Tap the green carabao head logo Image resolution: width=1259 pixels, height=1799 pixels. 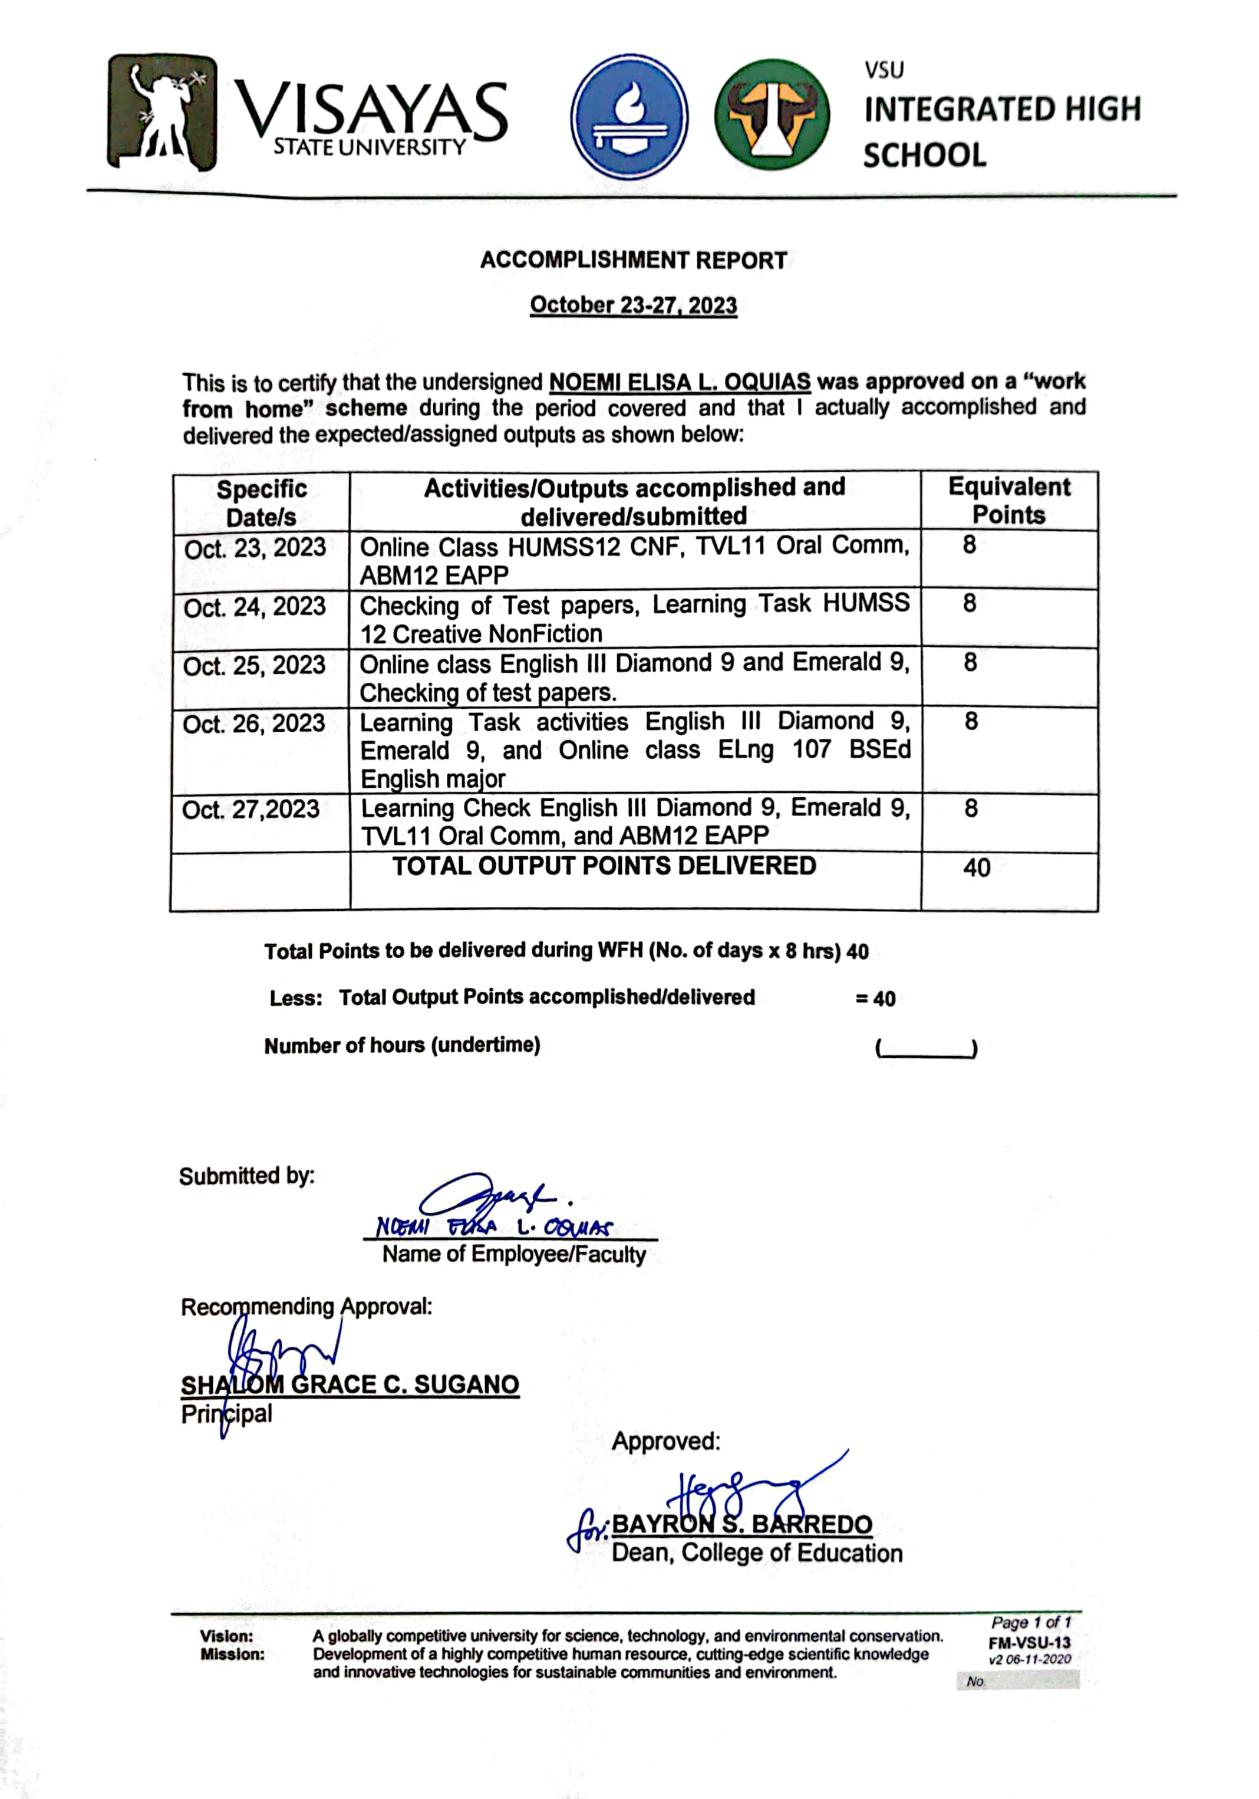tap(771, 115)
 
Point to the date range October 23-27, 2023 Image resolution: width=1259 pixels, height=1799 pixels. tap(633, 305)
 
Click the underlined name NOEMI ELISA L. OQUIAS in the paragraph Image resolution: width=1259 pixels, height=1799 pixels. tap(679, 382)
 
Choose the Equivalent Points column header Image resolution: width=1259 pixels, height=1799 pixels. tap(1008, 501)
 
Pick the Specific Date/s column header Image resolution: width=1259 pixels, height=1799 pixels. tap(261, 502)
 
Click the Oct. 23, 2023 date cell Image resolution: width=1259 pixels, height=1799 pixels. tap(255, 548)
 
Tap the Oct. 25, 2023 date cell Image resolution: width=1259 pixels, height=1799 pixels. tap(254, 665)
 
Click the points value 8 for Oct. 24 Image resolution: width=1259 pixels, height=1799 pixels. tap(969, 603)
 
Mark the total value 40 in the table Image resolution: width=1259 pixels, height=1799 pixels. tap(976, 867)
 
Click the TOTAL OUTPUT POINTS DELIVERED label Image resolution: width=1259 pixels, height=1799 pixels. tap(604, 866)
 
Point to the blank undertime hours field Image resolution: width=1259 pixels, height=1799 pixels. tap(925, 1048)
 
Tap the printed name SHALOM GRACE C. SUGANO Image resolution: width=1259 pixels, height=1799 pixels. tap(350, 1384)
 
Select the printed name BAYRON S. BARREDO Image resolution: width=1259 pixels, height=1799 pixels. tap(741, 1524)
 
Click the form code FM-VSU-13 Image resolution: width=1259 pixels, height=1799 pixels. tap(1029, 1643)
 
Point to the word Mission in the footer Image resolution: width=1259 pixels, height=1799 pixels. tap(232, 1654)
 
